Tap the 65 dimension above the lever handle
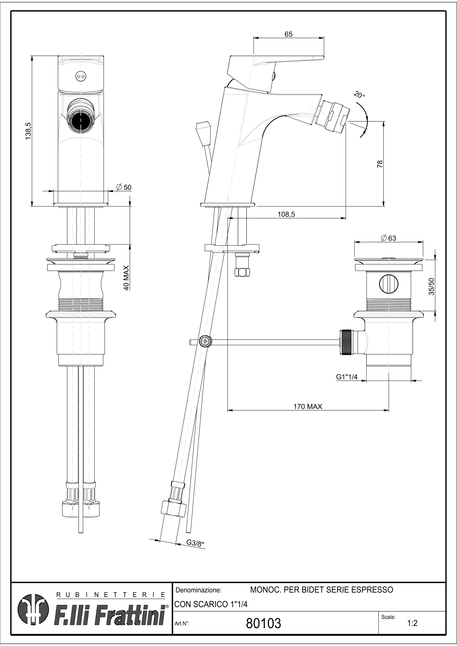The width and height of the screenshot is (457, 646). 288,34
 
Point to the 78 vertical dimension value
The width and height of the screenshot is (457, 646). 380,164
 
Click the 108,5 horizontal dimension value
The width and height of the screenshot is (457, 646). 286,214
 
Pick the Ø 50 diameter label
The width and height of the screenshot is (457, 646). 124,187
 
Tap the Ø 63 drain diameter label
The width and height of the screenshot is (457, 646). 388,238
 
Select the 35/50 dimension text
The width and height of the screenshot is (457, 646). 431,286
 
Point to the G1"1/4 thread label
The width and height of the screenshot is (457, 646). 347,377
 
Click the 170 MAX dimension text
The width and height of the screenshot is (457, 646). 308,407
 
